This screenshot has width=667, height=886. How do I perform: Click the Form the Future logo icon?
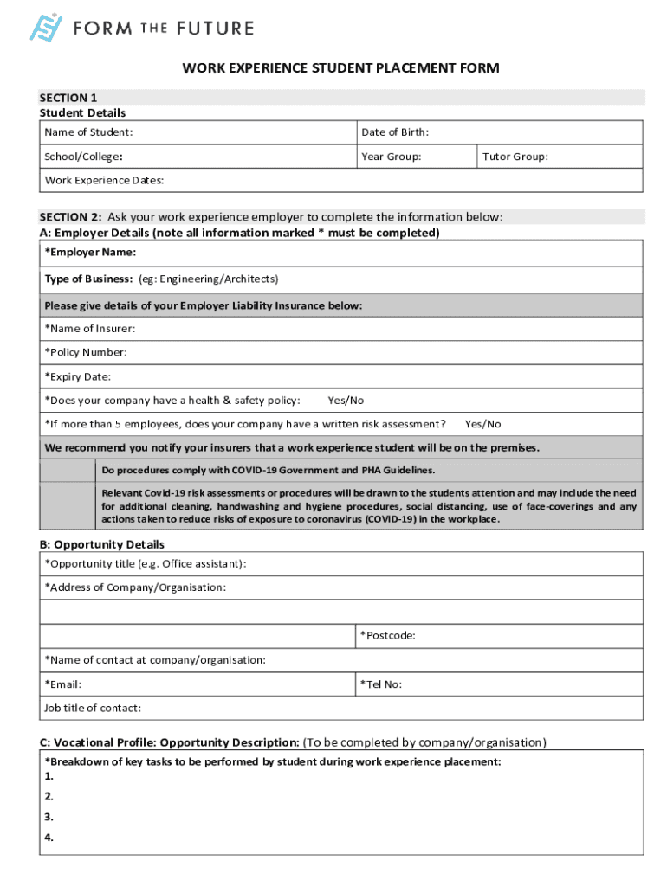[x=46, y=28]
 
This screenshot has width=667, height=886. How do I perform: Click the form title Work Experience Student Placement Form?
[x=340, y=68]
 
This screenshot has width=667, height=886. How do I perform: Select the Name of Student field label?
[x=88, y=132]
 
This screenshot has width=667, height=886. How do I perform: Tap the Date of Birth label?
[x=395, y=132]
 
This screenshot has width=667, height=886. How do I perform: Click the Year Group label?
[x=392, y=157]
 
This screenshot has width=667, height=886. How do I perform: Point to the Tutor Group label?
[x=515, y=157]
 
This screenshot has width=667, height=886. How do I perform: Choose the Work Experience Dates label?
[x=104, y=181]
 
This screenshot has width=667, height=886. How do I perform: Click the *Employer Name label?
[x=90, y=253]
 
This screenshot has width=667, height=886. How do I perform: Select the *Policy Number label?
[x=86, y=352]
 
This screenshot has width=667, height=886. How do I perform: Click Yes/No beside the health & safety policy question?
[x=346, y=401]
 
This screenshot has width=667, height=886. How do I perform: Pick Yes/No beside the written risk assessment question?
[x=482, y=424]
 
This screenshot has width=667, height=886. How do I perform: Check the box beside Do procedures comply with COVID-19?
[x=68, y=471]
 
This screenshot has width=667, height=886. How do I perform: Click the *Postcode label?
[x=387, y=636]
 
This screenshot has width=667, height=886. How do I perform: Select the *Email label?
[x=63, y=684]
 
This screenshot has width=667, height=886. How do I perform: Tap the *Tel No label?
[x=381, y=684]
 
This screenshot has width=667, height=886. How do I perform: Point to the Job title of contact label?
[x=93, y=708]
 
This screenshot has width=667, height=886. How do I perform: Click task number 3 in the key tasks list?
[x=49, y=817]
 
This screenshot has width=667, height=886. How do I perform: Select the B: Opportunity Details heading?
[x=102, y=544]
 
